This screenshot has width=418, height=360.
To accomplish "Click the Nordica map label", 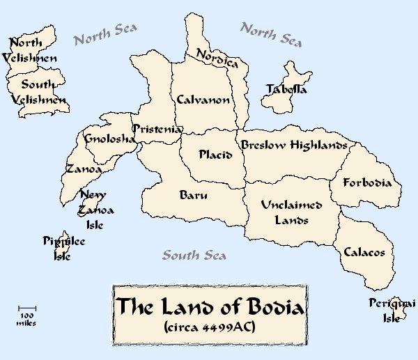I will [x=217, y=58].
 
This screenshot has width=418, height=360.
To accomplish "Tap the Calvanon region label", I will [x=203, y=100].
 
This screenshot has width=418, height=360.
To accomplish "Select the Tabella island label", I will [x=286, y=89].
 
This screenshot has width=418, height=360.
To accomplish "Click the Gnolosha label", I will [x=109, y=139].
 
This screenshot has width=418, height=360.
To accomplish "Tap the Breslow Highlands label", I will [x=293, y=146].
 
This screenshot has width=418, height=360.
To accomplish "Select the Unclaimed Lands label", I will [x=291, y=212].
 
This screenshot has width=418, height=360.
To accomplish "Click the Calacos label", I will [x=364, y=252].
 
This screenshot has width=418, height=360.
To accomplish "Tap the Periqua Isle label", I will [x=392, y=311].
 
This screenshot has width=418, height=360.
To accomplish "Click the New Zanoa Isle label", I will [x=96, y=210].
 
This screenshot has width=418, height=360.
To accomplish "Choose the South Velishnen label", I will [x=39, y=93].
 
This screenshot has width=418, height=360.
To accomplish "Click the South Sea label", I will [x=194, y=255].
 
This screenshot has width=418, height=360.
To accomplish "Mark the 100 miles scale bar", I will [x=28, y=307].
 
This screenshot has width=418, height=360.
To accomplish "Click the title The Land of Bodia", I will [x=210, y=306].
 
